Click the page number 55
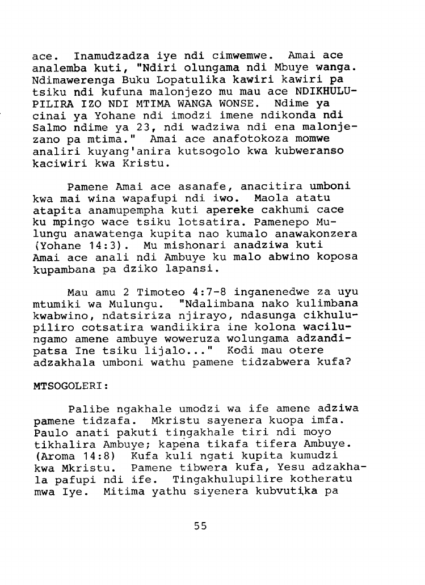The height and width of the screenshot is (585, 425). (200, 525)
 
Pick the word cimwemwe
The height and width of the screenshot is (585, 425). (240, 56)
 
